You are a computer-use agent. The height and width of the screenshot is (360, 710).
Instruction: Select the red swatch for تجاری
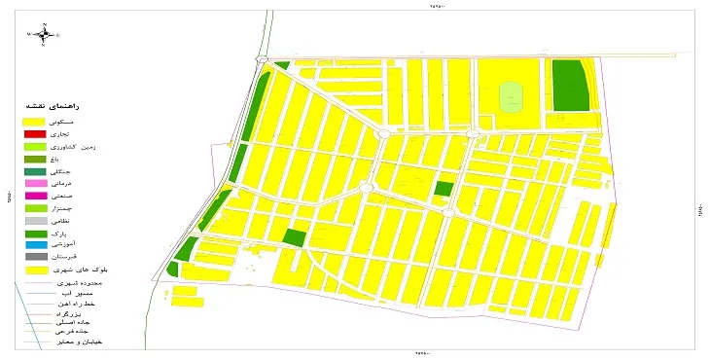(x=35, y=133)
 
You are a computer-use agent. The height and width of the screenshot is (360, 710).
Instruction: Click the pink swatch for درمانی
(x=35, y=183)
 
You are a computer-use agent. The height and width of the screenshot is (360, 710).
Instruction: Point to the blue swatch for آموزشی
(x=35, y=245)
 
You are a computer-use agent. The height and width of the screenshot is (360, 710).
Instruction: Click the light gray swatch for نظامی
(x=35, y=221)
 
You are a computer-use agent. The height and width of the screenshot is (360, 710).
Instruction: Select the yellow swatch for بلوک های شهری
(x=35, y=270)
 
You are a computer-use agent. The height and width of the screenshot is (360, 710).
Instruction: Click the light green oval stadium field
(x=512, y=95)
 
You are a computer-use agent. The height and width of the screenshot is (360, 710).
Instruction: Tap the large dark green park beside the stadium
(x=570, y=85)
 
